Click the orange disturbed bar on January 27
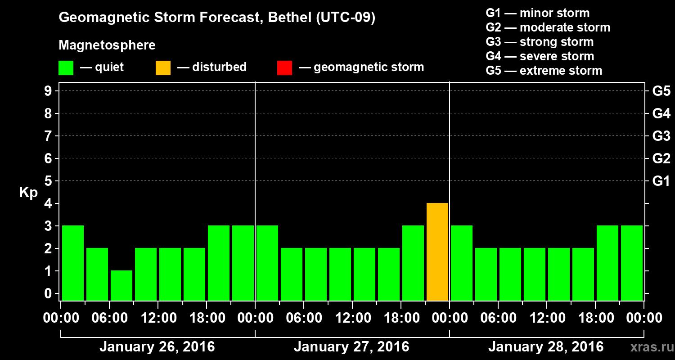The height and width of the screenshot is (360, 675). click(437, 252)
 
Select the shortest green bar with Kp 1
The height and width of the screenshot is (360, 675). click(121, 285)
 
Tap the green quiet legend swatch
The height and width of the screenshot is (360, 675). click(66, 67)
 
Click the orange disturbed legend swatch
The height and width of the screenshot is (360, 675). click(163, 67)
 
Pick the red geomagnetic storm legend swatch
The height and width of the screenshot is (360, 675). click(284, 67)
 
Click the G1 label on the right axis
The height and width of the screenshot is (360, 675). click(661, 181)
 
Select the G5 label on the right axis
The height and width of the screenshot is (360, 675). click(661, 91)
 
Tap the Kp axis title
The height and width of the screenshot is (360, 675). click(28, 193)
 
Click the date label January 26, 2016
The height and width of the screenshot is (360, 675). click(157, 347)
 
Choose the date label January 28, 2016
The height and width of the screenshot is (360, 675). click(546, 347)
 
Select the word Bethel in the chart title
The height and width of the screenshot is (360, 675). click(288, 18)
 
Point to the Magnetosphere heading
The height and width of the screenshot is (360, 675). click(107, 45)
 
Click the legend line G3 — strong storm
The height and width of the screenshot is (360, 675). click(540, 42)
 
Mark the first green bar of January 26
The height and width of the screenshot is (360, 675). click(73, 263)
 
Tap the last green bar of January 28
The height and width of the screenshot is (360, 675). click(632, 263)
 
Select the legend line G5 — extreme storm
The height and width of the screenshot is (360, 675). click(544, 71)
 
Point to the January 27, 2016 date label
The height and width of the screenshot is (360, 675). click(351, 347)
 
